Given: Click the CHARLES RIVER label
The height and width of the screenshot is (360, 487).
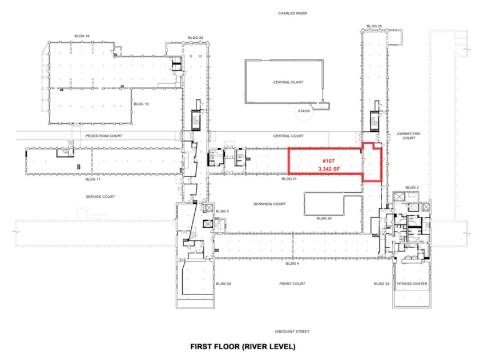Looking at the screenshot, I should point(293,13).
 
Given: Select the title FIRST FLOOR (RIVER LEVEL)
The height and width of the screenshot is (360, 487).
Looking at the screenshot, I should point(243,346).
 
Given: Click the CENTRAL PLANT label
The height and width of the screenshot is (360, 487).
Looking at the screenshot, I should point(288,82).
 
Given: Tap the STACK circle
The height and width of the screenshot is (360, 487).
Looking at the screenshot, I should point(304,111).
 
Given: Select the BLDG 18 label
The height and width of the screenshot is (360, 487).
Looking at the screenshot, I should point(82,35).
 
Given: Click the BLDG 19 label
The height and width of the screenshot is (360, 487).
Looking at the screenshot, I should point(140,104).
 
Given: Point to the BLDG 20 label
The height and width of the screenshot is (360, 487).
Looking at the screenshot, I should point(195,38).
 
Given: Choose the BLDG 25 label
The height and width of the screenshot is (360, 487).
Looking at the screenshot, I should point(374,26).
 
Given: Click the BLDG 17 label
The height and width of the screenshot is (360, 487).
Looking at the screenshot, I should point(92,179).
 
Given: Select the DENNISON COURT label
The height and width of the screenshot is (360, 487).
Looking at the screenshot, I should point(270,204).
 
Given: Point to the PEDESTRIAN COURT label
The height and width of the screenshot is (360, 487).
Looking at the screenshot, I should point(103,136).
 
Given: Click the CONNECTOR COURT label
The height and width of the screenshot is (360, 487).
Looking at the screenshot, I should point(408,136).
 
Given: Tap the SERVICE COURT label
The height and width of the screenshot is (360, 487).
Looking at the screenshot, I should point(100,197).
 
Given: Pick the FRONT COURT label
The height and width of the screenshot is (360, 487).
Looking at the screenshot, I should point(292,284).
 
